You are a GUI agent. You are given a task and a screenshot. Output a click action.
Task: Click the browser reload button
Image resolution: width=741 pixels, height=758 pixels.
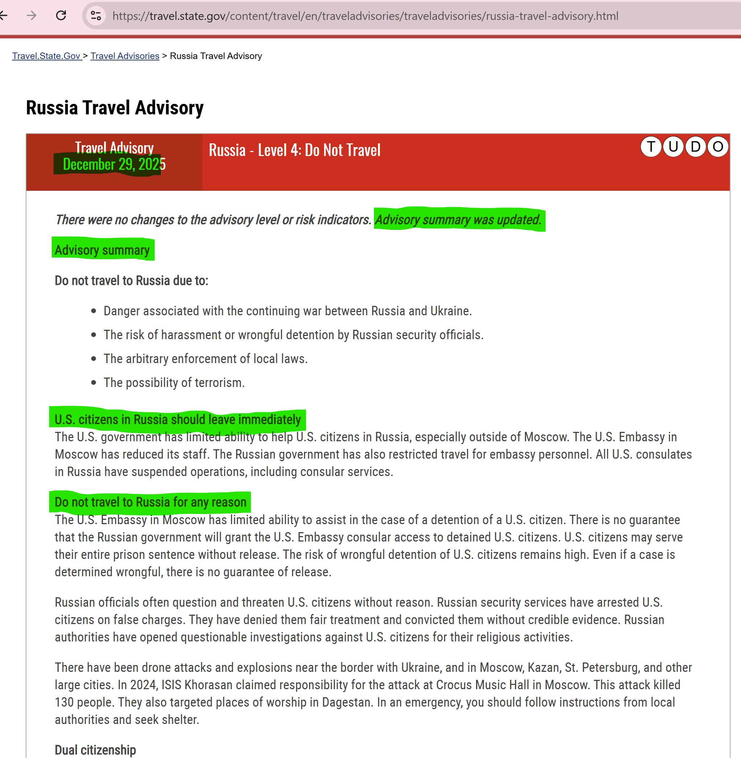click(x=61, y=16)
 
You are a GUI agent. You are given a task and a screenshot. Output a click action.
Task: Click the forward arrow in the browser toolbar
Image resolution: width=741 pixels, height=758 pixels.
click(x=31, y=16)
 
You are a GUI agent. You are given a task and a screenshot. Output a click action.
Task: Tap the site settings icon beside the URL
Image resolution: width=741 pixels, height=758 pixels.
click(x=96, y=16)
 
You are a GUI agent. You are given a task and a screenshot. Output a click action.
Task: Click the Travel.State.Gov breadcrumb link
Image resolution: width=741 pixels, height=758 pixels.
click(x=46, y=56)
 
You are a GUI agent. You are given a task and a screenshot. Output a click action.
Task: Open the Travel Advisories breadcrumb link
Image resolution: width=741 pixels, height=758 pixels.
click(x=125, y=56)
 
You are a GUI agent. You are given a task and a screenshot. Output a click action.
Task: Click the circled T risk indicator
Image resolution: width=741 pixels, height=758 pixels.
click(x=651, y=147)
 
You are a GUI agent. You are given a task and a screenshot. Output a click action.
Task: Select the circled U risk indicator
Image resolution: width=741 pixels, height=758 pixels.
click(x=673, y=147)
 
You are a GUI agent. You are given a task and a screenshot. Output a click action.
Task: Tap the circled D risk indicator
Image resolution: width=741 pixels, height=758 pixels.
click(x=695, y=147)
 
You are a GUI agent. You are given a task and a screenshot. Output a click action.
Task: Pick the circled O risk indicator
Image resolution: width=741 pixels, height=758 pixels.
click(x=717, y=147)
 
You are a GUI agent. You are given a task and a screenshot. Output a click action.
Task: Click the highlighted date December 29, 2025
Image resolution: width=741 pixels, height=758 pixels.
click(x=114, y=165)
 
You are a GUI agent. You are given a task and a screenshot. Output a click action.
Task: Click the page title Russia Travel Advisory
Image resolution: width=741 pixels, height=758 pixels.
click(x=115, y=108)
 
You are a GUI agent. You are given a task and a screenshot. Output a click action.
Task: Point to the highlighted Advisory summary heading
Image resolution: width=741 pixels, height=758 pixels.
click(x=102, y=250)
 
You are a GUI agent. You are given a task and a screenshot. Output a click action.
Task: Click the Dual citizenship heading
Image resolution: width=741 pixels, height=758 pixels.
click(x=95, y=749)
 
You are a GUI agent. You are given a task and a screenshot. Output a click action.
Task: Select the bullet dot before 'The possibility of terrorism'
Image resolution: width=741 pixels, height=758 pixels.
click(x=93, y=383)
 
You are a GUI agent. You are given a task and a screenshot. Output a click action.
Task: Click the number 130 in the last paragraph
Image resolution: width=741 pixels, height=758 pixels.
click(x=64, y=702)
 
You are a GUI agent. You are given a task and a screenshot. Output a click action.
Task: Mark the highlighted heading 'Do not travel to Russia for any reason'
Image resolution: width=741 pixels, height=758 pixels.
click(x=150, y=502)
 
